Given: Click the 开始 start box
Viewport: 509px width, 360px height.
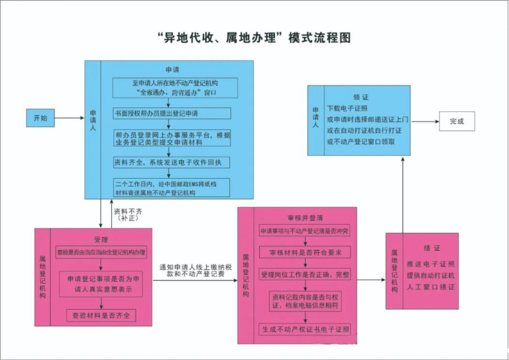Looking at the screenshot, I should tap(40, 118).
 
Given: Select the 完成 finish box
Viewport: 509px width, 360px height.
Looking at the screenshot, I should tap(457, 121).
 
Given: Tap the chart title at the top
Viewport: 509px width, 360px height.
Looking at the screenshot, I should tap(254, 37).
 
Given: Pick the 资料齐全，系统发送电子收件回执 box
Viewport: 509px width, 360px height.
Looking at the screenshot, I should tap(172, 162).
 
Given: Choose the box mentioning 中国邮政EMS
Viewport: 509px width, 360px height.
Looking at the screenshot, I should tap(172, 187).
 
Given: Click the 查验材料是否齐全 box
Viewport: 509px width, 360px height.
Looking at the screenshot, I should tap(101, 315).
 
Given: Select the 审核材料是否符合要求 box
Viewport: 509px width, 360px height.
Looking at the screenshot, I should tap(305, 253).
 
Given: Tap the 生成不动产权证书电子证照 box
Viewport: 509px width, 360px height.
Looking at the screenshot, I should tap(305, 329).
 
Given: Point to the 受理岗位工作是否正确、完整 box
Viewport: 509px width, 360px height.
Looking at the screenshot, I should tap(305, 274).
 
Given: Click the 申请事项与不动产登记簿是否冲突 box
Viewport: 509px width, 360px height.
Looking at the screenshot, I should tap(305, 232).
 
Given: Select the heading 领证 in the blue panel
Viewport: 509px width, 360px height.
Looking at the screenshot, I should tap(361, 97).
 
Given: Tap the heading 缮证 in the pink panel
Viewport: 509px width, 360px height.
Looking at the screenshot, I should tap(430, 247).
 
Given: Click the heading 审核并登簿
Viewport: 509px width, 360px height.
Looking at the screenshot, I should tap(305, 217).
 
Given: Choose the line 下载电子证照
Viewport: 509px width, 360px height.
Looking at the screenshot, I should tap(346, 108).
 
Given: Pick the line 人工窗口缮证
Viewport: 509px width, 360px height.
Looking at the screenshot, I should tap(430, 287).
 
